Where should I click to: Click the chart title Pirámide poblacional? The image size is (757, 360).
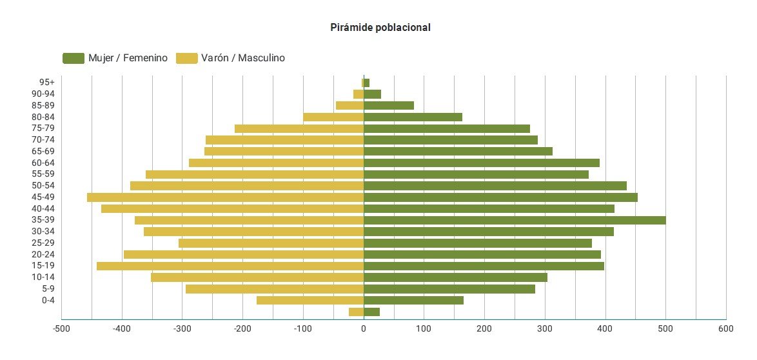(380, 27)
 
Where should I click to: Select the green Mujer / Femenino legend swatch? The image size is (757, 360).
(73, 58)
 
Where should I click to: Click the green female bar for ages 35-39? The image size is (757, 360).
(515, 220)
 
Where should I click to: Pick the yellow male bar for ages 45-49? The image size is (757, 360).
(225, 197)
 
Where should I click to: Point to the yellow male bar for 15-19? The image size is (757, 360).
(230, 266)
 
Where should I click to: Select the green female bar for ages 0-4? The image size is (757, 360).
(413, 300)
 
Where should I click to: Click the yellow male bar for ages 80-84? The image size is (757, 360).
(333, 117)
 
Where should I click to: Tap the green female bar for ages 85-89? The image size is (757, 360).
(389, 105)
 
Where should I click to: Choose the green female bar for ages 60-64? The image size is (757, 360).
(482, 163)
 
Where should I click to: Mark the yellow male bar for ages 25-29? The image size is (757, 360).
(271, 243)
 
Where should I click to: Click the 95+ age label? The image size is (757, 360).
(47, 82)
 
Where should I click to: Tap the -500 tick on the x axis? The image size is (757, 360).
(61, 329)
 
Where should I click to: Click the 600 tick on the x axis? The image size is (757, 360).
(726, 329)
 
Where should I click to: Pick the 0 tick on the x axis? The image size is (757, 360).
(364, 329)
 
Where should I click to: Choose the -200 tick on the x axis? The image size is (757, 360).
(242, 329)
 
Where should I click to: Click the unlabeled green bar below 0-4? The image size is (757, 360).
(371, 312)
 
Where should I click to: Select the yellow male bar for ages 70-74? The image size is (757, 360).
(284, 140)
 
